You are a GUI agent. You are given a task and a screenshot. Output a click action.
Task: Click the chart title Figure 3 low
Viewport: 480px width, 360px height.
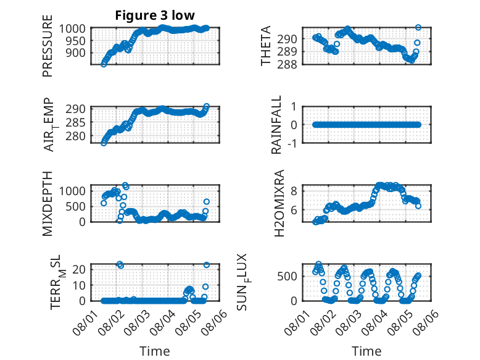155,15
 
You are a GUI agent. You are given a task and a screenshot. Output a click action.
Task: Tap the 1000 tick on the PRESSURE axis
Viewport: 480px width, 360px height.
72,28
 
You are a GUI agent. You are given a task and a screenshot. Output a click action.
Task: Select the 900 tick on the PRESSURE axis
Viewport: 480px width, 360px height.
75,52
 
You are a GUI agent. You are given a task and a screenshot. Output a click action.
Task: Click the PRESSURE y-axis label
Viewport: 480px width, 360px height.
48,46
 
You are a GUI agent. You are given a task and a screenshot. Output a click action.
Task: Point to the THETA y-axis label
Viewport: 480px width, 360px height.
266,46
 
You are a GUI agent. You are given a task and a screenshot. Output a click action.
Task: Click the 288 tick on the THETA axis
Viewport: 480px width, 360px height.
287,64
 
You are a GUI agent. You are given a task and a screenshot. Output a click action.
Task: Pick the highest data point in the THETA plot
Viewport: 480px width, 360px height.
418,27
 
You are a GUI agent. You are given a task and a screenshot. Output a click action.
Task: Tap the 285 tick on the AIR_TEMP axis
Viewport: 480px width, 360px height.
75,122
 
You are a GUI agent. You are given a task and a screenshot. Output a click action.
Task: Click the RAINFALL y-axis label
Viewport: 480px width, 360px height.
276,125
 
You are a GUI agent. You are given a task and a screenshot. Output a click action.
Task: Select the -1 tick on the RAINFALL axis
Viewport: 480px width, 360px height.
292,143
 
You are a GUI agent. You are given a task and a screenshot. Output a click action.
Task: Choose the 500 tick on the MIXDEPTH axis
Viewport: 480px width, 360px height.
75,206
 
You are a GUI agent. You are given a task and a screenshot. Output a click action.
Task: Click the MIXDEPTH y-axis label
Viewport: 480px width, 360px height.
48,204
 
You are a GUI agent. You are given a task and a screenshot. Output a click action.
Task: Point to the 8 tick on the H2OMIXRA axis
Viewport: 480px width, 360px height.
294,191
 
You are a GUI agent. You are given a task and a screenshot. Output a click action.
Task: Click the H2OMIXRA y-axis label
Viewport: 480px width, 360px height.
279,203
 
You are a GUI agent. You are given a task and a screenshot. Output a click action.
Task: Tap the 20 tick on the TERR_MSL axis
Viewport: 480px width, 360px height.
79,269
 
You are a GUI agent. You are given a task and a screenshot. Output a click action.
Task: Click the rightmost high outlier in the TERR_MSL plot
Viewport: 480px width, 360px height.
207,265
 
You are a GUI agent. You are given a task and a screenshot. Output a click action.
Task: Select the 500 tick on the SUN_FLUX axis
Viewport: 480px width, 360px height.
287,276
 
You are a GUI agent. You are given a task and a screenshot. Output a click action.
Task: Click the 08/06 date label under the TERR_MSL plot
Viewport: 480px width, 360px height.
216,322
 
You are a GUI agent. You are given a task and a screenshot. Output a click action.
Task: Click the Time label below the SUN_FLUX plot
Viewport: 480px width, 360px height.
366,351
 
